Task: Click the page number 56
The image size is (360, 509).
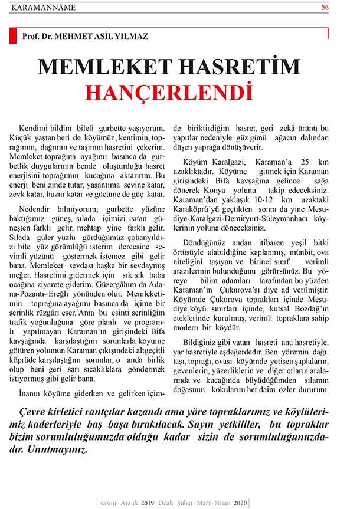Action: [342, 8]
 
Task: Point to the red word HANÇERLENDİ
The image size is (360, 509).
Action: [165, 92]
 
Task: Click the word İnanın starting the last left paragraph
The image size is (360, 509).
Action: [31, 393]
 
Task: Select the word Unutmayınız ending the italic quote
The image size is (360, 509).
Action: [59, 450]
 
